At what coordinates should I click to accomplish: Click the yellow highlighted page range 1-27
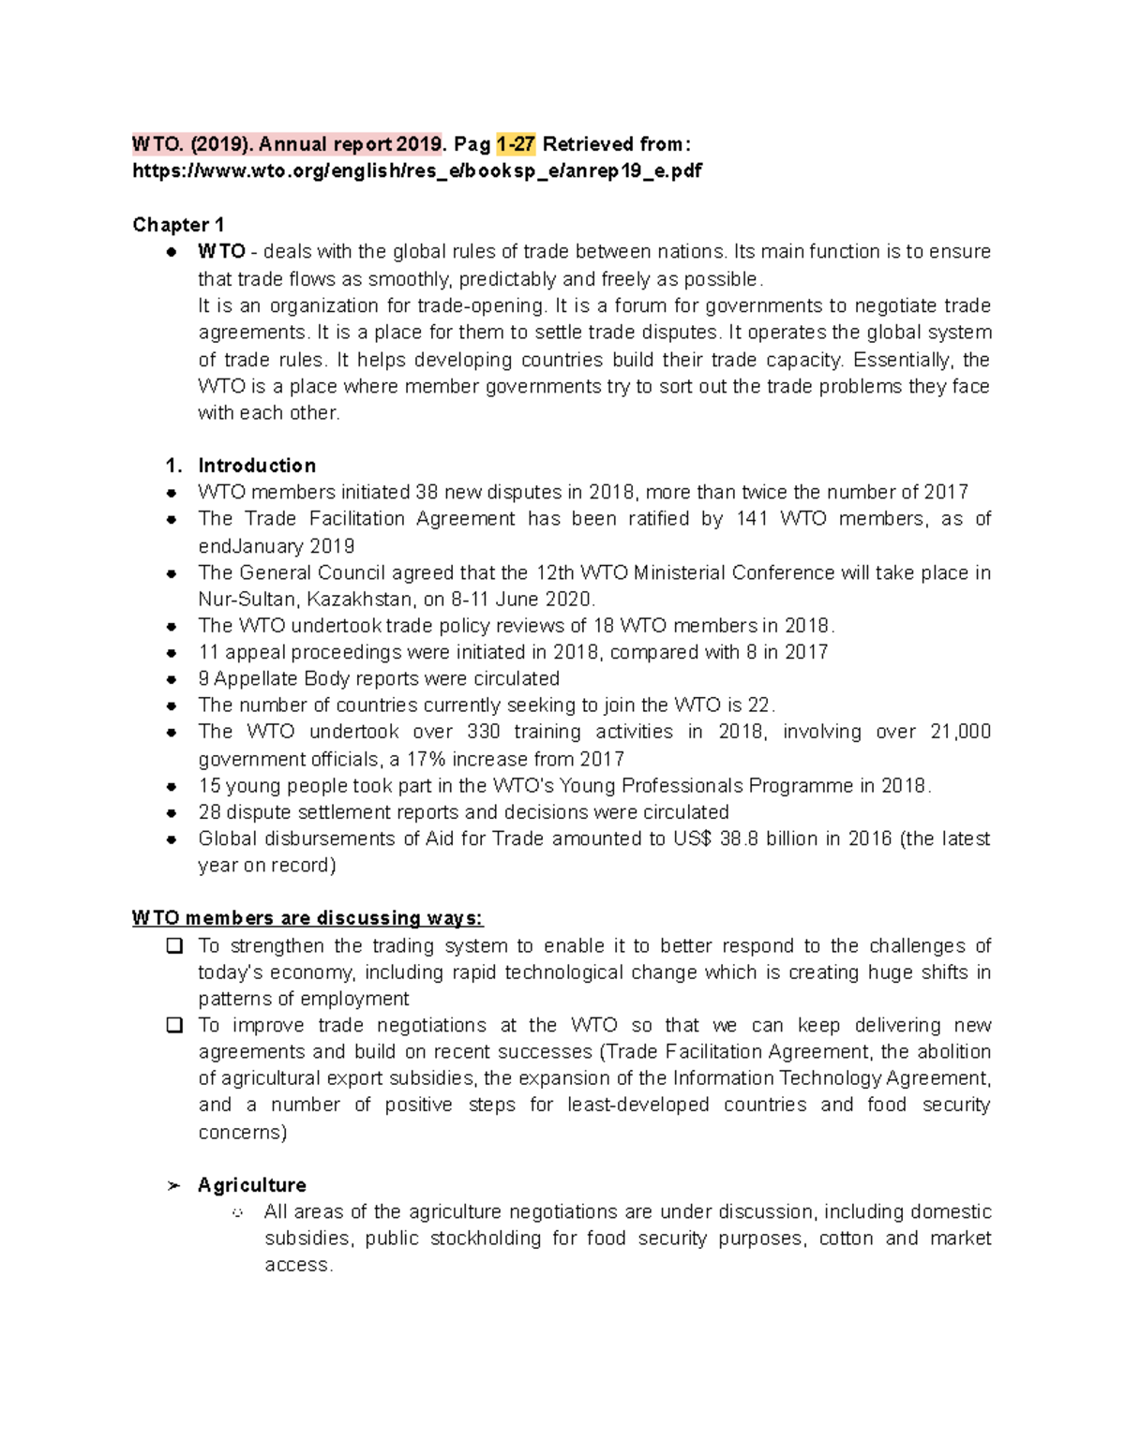pos(516,144)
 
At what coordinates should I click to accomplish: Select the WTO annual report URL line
pos(416,171)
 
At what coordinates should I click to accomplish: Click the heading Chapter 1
pos(178,225)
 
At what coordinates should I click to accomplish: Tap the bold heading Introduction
pos(256,466)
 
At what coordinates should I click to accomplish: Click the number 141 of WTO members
pos(752,519)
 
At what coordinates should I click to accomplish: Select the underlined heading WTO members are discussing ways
pos(307,918)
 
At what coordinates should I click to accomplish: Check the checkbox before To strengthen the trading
pos(173,946)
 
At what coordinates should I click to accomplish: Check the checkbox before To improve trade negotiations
pos(173,1026)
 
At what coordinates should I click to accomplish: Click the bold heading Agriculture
pos(251,1185)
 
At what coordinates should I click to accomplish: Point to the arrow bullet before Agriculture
pos(172,1186)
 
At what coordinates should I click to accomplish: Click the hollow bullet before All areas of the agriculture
pos(238,1213)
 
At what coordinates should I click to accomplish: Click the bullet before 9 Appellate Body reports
pos(172,679)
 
